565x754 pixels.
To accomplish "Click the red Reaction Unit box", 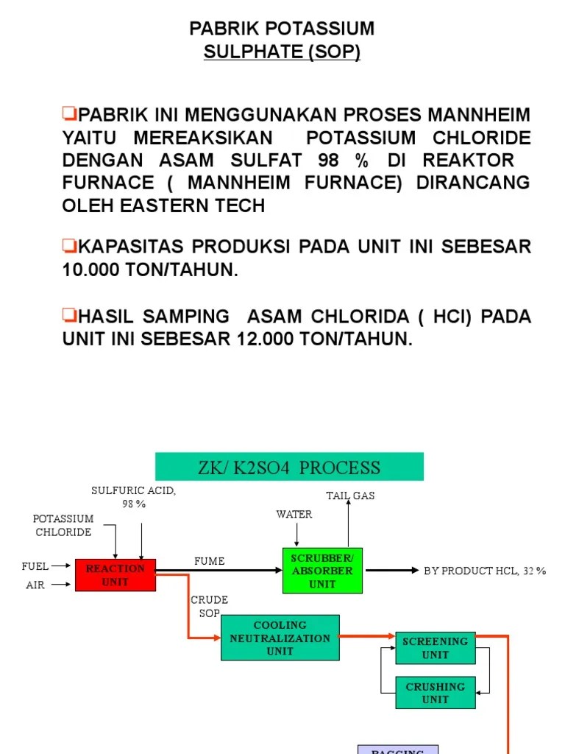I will [116, 575].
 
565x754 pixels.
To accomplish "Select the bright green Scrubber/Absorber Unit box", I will [322, 570].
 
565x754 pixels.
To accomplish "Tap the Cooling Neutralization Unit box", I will [280, 638].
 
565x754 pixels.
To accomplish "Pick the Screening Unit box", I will [435, 648].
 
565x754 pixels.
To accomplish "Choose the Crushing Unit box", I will [435, 693].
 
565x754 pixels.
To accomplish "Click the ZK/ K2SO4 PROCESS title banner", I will [289, 467].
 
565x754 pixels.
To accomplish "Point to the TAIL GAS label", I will [350, 496].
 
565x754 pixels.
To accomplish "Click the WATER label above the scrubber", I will [294, 514].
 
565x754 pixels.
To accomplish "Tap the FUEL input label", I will [35, 566].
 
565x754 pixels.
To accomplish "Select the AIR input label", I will [35, 585].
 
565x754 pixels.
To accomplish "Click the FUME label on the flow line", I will [209, 561].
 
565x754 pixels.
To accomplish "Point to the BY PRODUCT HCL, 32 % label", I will [485, 571].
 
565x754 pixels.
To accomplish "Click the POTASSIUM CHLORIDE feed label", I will [63, 525].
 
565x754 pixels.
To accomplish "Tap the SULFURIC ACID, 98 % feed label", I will [134, 497].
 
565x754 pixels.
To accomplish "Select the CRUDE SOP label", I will [210, 607].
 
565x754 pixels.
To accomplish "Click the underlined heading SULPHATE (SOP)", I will [282, 53].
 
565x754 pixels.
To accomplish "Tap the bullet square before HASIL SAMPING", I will [70, 316].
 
